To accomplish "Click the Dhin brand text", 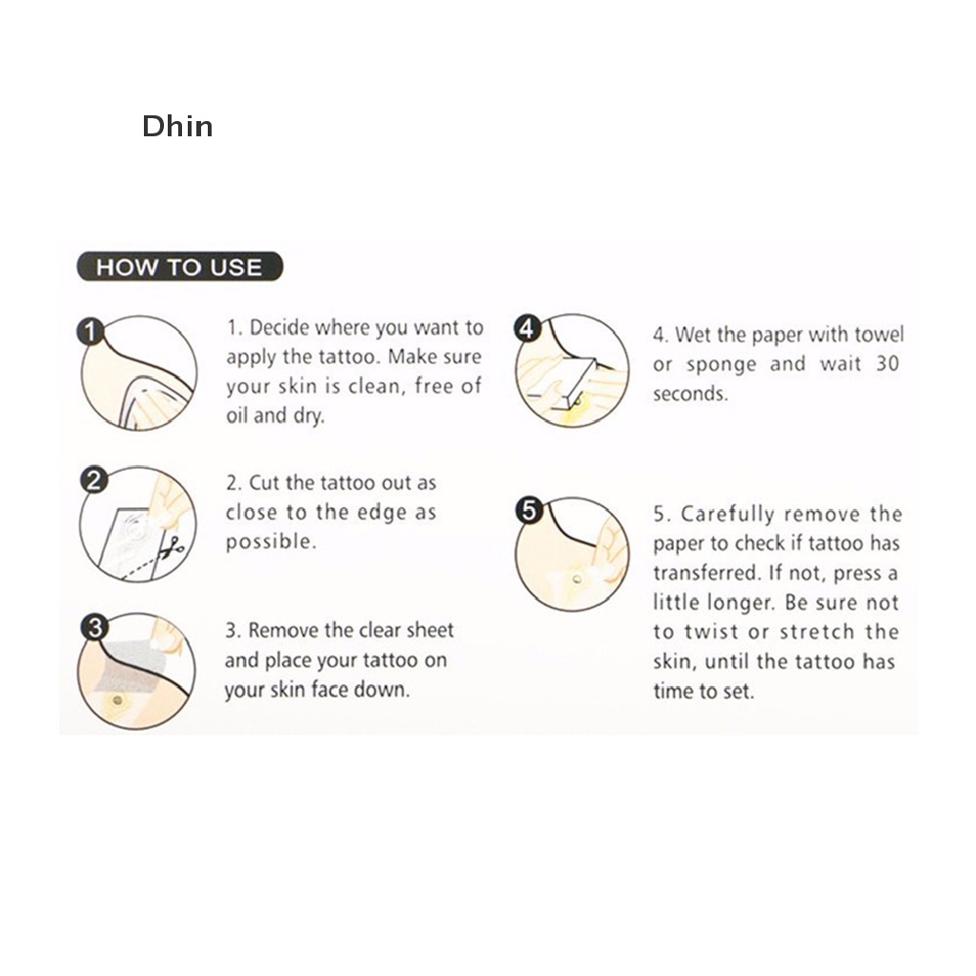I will [177, 127].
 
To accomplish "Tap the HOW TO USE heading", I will [178, 267].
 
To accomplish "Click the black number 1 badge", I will [89, 332].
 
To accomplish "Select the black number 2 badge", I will [92, 479].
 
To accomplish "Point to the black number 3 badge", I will [93, 626].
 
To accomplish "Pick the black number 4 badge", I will [526, 328].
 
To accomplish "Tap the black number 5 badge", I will [529, 511].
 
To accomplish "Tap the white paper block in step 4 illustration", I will [575, 380].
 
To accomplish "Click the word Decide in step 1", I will [280, 328].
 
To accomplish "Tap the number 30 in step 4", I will [886, 363].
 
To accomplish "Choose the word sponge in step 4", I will [722, 365].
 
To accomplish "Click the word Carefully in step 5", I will [726, 515].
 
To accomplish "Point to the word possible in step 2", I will [270, 542].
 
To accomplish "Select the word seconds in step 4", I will [690, 394].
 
